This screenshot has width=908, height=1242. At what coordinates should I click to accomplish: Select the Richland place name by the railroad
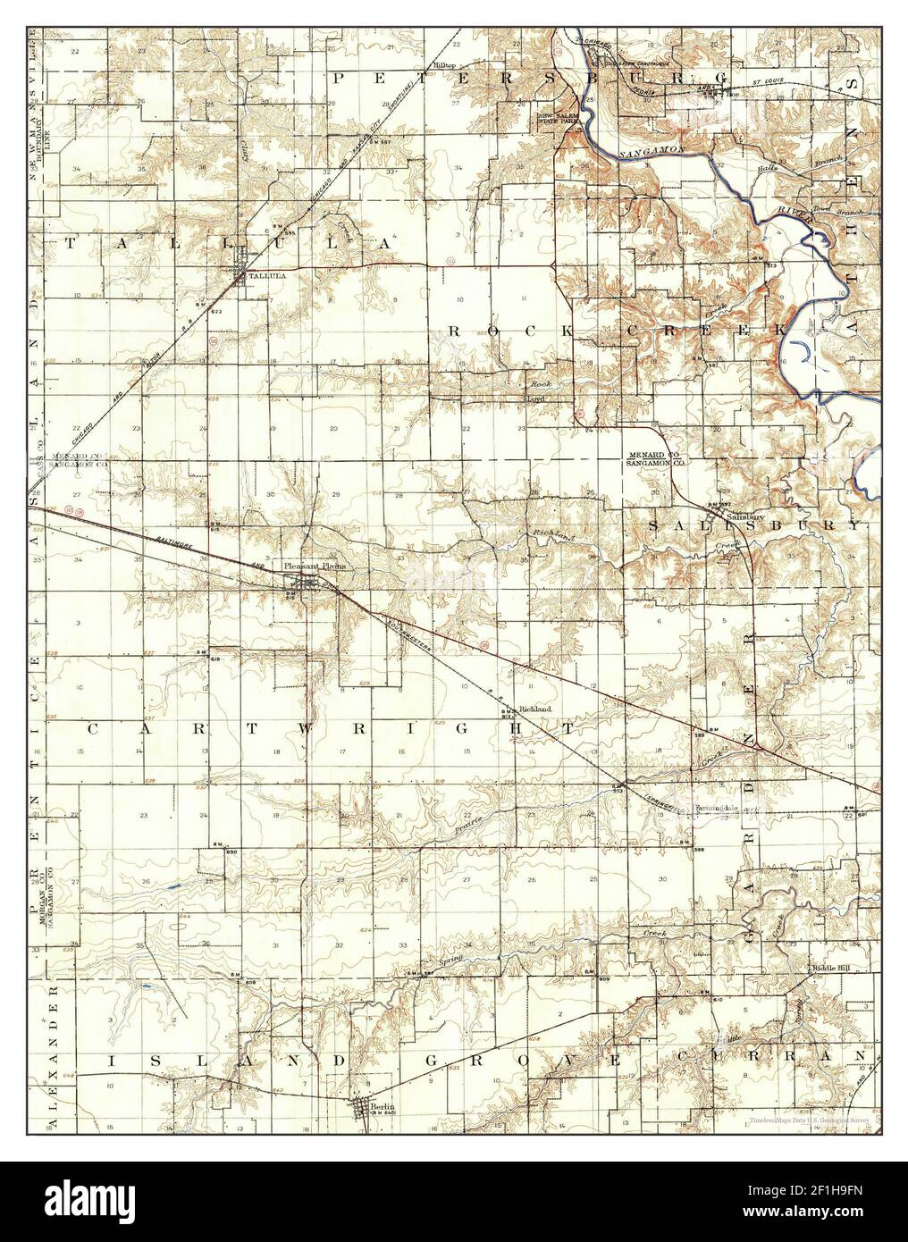click(x=535, y=709)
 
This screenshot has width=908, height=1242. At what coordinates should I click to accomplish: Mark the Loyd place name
click(x=535, y=399)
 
